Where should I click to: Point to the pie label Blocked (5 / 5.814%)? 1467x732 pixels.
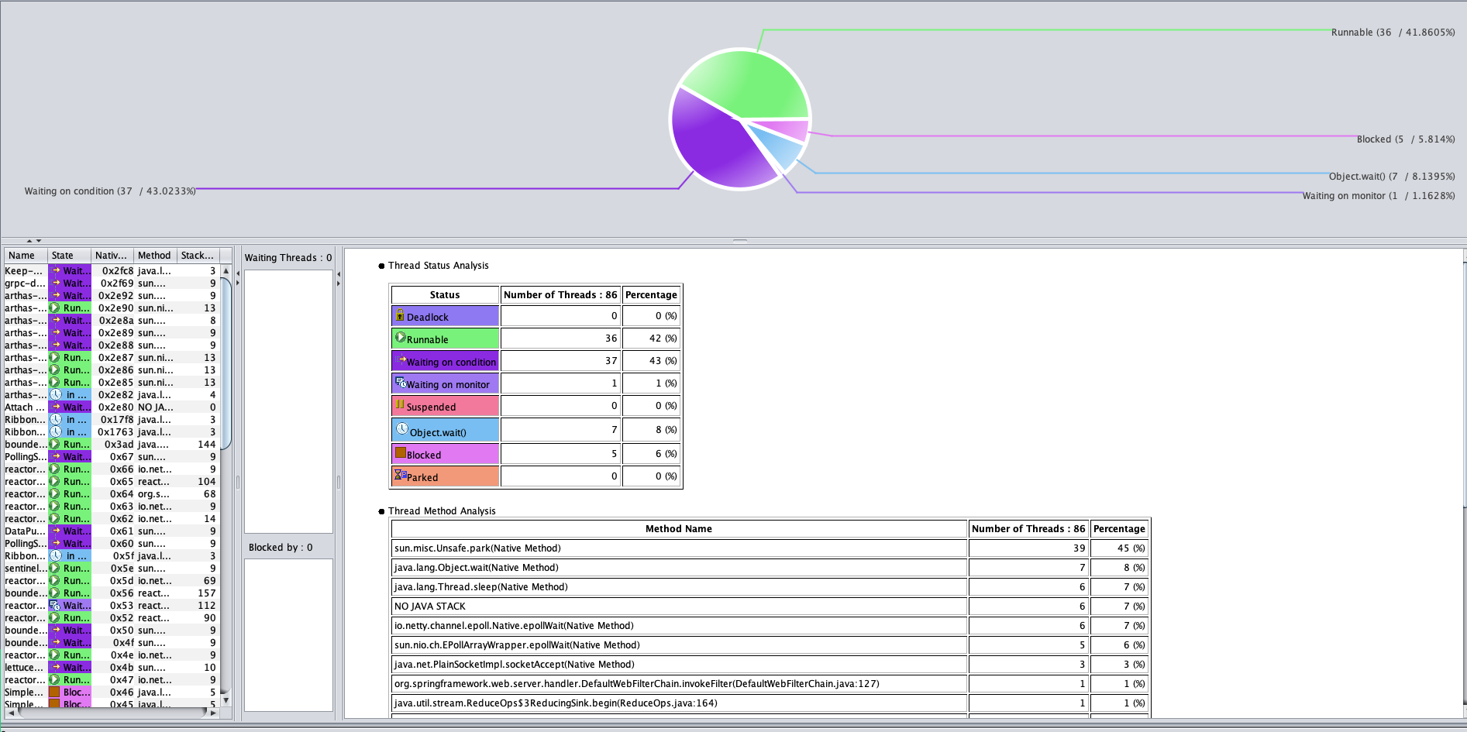click(x=1405, y=139)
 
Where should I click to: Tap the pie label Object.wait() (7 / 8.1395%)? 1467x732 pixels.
click(x=1391, y=177)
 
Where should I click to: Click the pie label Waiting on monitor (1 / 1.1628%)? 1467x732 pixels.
click(x=1378, y=196)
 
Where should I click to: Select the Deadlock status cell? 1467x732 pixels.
click(x=445, y=316)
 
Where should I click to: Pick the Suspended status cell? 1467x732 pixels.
click(x=445, y=406)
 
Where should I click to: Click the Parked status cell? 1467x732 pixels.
click(x=445, y=476)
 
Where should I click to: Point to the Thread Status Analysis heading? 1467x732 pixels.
click(x=438, y=266)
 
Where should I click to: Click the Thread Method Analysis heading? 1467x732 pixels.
click(x=442, y=511)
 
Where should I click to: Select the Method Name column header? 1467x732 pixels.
click(x=678, y=529)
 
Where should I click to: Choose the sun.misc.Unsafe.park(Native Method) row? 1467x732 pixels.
click(x=678, y=548)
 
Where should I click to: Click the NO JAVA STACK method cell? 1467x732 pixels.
click(x=678, y=607)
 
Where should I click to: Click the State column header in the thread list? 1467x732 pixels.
click(x=63, y=256)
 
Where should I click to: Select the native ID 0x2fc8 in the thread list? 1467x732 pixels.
click(x=117, y=271)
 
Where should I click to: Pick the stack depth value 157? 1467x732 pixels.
click(x=206, y=593)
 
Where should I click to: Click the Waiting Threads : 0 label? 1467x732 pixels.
click(x=288, y=258)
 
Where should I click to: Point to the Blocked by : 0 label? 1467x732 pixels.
click(x=281, y=548)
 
